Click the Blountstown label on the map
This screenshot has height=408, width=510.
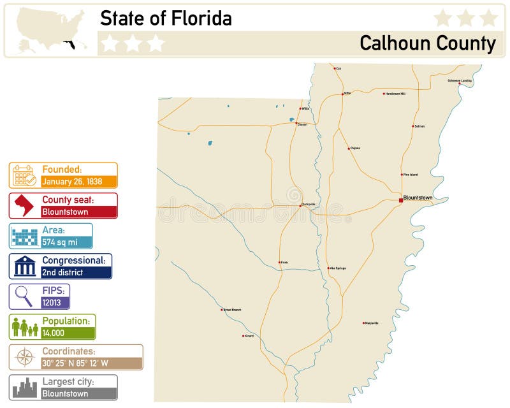(418, 198)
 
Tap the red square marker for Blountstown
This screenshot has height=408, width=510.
(401, 200)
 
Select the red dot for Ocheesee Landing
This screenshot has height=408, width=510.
(460, 84)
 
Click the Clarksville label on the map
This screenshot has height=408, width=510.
(309, 204)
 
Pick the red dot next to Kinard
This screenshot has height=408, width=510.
(243, 336)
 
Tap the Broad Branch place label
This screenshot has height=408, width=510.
(232, 310)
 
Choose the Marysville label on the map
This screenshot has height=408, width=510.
(372, 323)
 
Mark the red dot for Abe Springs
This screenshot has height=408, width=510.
(328, 268)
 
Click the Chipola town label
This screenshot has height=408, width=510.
(355, 148)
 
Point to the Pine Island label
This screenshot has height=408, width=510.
(411, 174)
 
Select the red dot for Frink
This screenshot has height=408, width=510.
(279, 263)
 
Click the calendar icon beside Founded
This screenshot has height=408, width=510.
(24, 175)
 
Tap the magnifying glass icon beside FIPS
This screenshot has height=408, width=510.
(24, 296)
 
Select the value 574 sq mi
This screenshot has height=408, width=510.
(59, 242)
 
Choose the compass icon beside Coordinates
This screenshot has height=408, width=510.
(24, 357)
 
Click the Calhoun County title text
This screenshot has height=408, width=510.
(427, 43)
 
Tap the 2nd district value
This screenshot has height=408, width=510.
(62, 272)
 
